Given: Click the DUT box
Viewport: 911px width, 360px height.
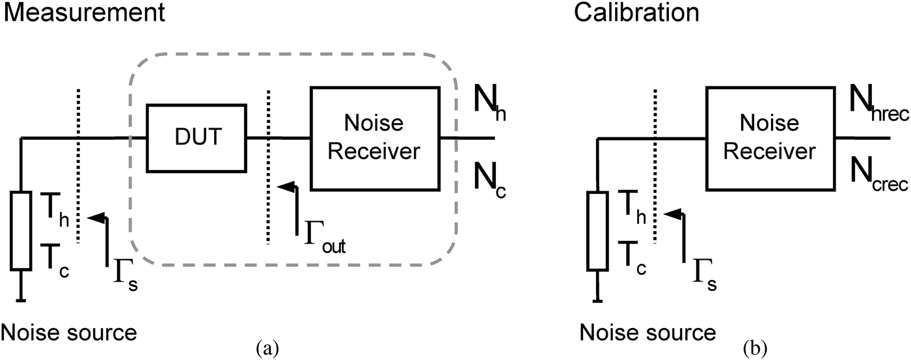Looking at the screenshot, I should coord(196,137).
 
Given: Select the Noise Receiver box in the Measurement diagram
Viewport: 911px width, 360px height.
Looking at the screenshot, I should coord(374,137).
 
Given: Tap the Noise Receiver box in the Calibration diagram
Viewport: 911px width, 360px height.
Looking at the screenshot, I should coord(770,137).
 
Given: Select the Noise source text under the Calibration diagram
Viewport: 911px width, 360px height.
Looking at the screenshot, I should coord(647,333).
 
